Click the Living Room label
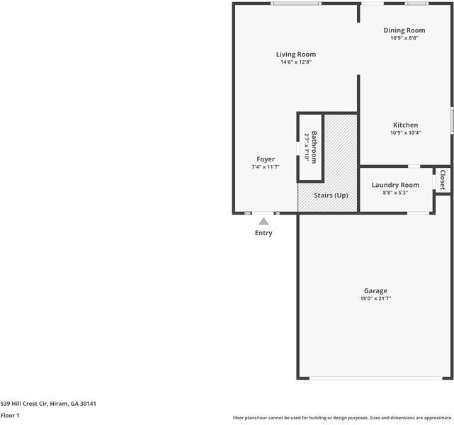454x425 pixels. coord(295,54)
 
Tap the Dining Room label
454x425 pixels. coord(404,30)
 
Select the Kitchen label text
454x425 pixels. coord(405,125)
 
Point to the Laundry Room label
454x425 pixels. coord(395,185)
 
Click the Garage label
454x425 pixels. coord(375,290)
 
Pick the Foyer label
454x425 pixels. coord(266,159)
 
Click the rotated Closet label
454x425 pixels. coord(443,179)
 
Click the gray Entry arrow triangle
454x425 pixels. coord(263,222)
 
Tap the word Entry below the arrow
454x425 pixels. coord(263,233)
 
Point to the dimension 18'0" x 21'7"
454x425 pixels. coord(375,299)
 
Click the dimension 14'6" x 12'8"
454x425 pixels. coord(295,62)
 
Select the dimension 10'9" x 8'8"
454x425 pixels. coord(404,38)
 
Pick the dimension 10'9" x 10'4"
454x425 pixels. coord(405,133)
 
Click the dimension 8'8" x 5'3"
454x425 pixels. coord(395,193)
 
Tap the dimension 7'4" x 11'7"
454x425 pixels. coord(266,167)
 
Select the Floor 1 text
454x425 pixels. coord(10,416)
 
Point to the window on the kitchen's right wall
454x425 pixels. coord(452,120)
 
